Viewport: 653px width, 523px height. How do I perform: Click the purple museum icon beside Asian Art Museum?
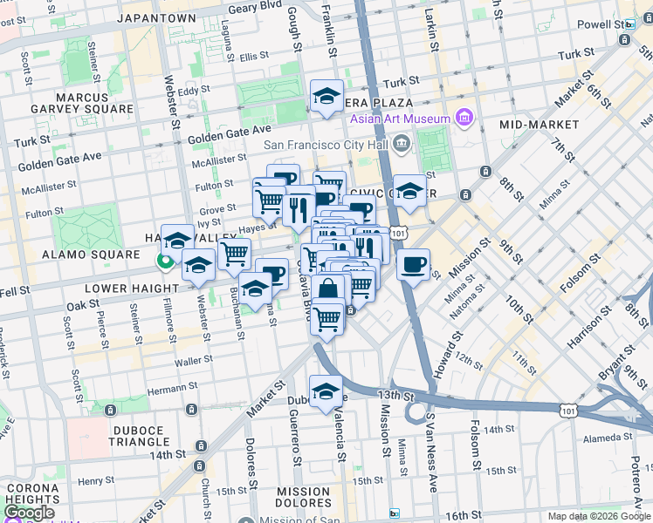click(463, 118)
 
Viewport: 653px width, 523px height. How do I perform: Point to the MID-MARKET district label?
click(536, 125)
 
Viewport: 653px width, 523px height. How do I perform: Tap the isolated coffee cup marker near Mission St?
click(413, 263)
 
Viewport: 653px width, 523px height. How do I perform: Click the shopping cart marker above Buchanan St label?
click(234, 255)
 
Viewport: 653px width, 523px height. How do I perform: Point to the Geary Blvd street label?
click(255, 9)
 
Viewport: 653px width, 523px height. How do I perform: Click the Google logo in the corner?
click(28, 513)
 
